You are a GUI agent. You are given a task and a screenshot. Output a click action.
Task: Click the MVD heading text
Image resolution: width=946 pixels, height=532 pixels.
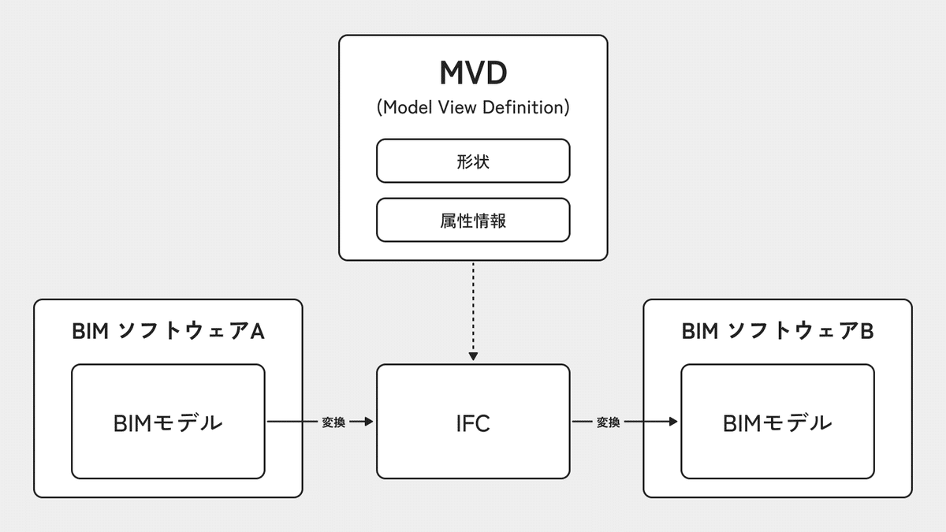473,73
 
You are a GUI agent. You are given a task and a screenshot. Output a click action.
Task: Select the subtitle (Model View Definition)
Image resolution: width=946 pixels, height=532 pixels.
473,107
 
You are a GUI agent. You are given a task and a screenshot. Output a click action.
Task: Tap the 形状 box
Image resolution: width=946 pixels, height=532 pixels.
473,161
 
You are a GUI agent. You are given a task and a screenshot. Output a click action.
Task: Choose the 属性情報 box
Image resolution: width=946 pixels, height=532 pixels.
473,220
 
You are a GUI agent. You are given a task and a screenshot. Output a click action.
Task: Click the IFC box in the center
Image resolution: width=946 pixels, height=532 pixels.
473,422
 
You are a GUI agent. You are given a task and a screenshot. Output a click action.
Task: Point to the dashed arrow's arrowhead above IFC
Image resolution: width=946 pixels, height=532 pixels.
473,356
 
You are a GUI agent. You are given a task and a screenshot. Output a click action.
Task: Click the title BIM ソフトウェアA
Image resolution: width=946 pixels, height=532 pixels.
168,332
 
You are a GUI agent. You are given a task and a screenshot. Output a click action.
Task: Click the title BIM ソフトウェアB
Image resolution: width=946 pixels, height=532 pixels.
777,332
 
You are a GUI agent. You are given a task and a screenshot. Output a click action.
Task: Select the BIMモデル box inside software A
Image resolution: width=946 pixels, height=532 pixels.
168,422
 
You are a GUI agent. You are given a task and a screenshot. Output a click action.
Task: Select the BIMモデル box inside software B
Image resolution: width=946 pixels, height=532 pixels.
777,422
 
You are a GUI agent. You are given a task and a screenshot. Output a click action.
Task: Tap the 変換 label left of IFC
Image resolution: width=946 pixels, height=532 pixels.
333,422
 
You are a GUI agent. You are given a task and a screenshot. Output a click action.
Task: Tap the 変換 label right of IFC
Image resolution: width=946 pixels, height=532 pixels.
608,422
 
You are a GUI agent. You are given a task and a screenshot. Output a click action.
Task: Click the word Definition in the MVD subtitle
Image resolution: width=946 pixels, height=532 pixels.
523,107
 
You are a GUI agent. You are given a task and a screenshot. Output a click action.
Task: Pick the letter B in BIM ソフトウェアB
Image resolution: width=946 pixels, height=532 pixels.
866,332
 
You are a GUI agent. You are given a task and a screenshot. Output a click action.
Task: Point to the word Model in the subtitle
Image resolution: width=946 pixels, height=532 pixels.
406,107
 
